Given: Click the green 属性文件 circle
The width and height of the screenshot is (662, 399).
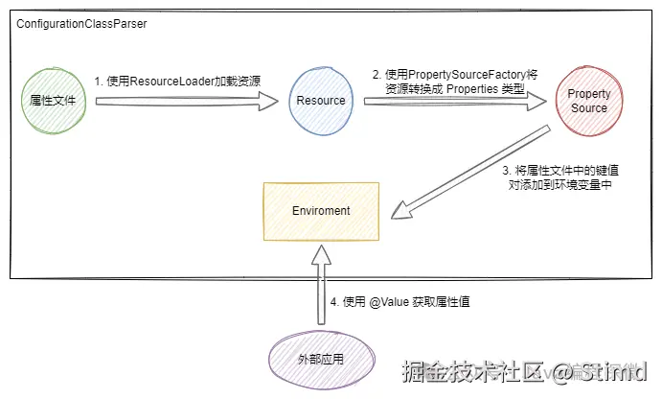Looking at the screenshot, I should point(53,99).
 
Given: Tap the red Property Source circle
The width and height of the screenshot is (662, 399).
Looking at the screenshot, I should point(589,101).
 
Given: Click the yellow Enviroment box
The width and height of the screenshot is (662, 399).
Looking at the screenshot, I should point(321,210).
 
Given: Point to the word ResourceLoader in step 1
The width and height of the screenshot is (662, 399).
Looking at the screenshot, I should point(175,81).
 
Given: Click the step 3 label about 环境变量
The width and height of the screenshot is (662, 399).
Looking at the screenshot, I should point(561,177).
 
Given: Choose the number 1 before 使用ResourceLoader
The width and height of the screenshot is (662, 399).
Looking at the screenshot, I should point(97,81).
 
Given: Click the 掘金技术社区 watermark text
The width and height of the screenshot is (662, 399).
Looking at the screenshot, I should point(471,371).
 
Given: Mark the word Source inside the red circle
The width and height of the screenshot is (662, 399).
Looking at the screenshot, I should point(589,107).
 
